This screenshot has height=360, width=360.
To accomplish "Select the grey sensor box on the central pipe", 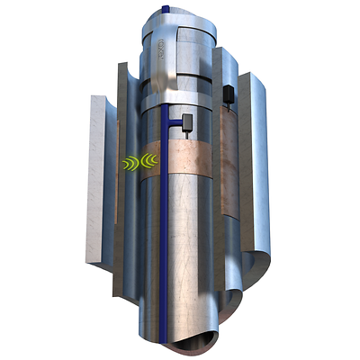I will (187, 121).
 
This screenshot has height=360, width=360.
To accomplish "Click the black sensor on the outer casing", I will (229, 92).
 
